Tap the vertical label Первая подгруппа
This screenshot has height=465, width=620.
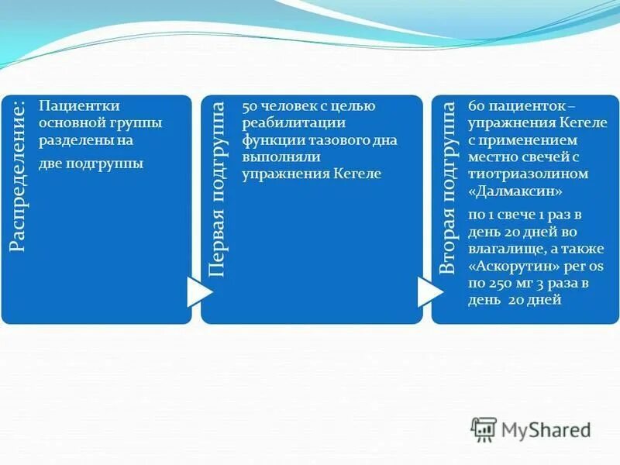click(x=219, y=188)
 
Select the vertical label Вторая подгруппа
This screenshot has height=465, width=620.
click(x=448, y=188)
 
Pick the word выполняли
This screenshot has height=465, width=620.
click(x=278, y=157)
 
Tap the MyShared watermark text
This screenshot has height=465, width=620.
click(x=546, y=430)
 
